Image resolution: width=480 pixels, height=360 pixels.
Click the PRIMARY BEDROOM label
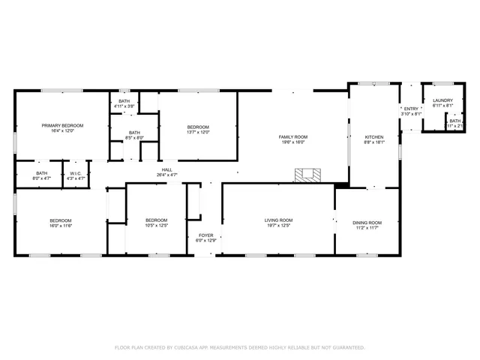point(62,125)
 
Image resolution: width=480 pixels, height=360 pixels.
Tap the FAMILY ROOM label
point(293,136)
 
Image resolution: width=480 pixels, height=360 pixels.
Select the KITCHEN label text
point(373,136)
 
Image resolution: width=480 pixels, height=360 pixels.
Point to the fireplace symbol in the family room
point(306,175)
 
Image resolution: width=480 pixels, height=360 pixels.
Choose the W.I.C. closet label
point(76,173)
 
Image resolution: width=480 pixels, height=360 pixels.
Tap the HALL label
point(167,169)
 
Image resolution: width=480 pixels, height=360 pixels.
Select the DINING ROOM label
point(367,222)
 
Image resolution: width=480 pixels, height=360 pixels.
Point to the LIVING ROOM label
point(277,220)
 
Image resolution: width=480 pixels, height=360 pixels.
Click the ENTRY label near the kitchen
point(411,109)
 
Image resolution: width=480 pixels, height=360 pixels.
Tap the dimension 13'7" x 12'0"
point(198,132)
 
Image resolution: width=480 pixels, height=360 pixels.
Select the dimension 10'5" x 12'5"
point(156,225)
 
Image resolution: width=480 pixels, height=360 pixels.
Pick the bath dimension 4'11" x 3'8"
point(124,106)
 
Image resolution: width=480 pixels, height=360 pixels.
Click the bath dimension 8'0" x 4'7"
point(41,178)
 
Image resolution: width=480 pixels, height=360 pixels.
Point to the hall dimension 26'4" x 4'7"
point(167,175)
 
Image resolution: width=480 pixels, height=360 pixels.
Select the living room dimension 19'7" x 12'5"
point(277,225)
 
